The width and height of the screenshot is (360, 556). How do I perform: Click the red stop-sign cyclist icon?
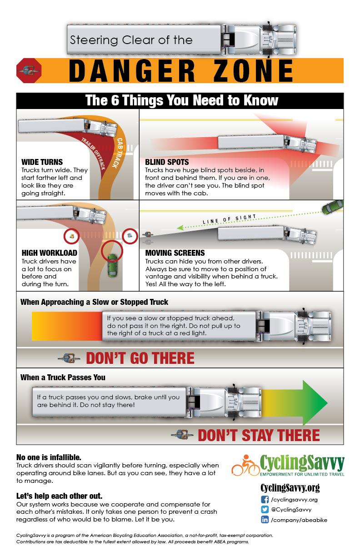pos(29,70)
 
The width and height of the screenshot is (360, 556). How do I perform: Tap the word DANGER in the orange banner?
pos(132,71)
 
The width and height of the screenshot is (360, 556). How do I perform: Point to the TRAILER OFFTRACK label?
pos(94,154)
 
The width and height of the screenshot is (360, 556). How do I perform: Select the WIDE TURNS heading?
pos(42,162)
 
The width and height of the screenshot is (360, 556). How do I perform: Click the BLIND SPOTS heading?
pos(167,162)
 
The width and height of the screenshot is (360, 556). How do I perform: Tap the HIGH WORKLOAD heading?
pos(49,253)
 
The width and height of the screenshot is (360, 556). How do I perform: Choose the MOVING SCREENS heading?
pos(175,253)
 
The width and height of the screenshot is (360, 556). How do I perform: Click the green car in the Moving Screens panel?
pos(332,207)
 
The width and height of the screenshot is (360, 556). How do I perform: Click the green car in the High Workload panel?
pos(113,265)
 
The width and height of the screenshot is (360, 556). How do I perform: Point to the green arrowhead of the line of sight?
pos(180,228)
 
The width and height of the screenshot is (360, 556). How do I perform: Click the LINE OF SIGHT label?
pos(229,219)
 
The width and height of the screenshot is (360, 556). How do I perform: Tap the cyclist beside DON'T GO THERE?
pos(69,358)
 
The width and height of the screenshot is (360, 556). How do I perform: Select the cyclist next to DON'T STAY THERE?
pos(182,435)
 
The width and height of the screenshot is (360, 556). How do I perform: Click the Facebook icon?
pos(265,500)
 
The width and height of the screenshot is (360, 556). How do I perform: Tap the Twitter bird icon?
pos(265,510)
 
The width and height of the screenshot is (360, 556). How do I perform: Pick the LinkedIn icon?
pos(265,520)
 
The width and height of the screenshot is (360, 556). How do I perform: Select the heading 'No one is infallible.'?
pos(49,457)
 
